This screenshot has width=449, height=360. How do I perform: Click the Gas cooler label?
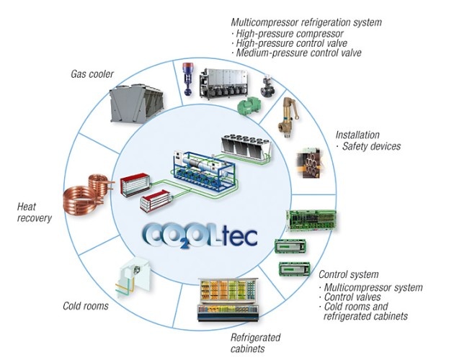(92, 73)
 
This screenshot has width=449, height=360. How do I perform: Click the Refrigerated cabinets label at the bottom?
(254, 343)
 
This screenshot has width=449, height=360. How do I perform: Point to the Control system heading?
(348, 274)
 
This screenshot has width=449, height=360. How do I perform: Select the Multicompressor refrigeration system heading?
(306, 22)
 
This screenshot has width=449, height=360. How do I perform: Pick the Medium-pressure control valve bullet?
(296, 53)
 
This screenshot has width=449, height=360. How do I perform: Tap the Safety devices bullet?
(370, 146)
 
